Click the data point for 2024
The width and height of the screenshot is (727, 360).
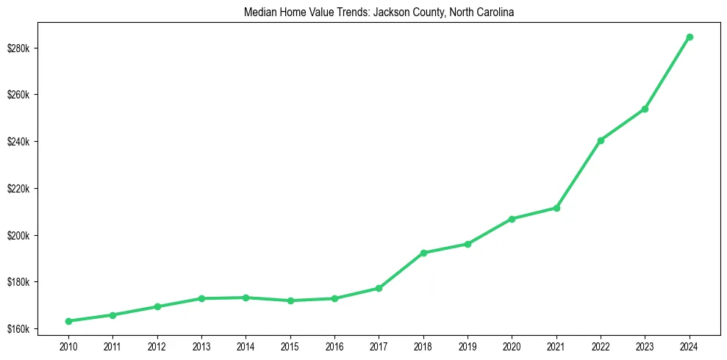coord(690,37)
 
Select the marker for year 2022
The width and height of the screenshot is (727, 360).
coord(601,140)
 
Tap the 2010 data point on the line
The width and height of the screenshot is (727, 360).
coord(68,321)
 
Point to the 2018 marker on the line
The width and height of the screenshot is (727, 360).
coord(423,253)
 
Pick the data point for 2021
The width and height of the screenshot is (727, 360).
coord(556,208)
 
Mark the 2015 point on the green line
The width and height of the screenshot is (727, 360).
coord(290,300)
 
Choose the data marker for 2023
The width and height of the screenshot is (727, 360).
coord(645,109)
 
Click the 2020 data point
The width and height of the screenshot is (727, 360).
coord(512,219)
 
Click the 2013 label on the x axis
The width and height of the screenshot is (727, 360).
coord(201,345)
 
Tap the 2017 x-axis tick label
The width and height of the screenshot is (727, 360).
coord(379,345)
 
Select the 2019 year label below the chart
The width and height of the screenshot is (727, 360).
coord(468,345)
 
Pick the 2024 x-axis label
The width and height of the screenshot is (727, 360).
coord(690,345)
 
